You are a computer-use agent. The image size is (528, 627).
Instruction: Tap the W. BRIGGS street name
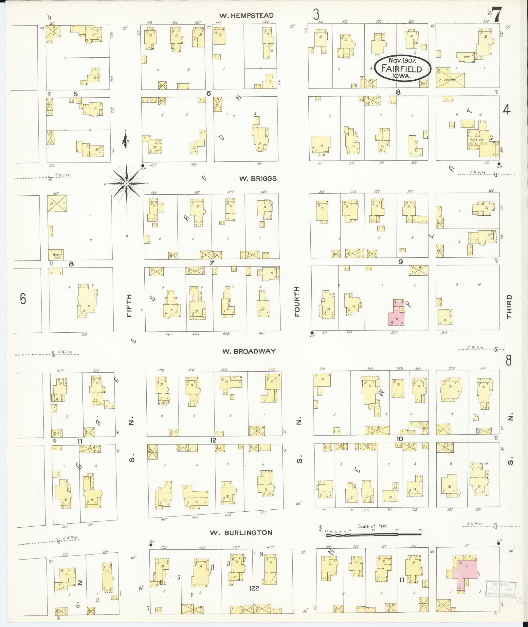tap(258, 179)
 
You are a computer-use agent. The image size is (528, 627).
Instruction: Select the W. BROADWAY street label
tap(249, 351)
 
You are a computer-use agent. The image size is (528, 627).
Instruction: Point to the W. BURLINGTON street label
tap(241, 533)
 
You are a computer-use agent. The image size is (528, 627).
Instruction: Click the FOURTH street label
tap(297, 302)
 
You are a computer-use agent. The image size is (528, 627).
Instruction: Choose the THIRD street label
tap(509, 306)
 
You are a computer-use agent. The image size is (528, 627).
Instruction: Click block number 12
tap(213, 440)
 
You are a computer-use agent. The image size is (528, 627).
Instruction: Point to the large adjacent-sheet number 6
tap(23, 299)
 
